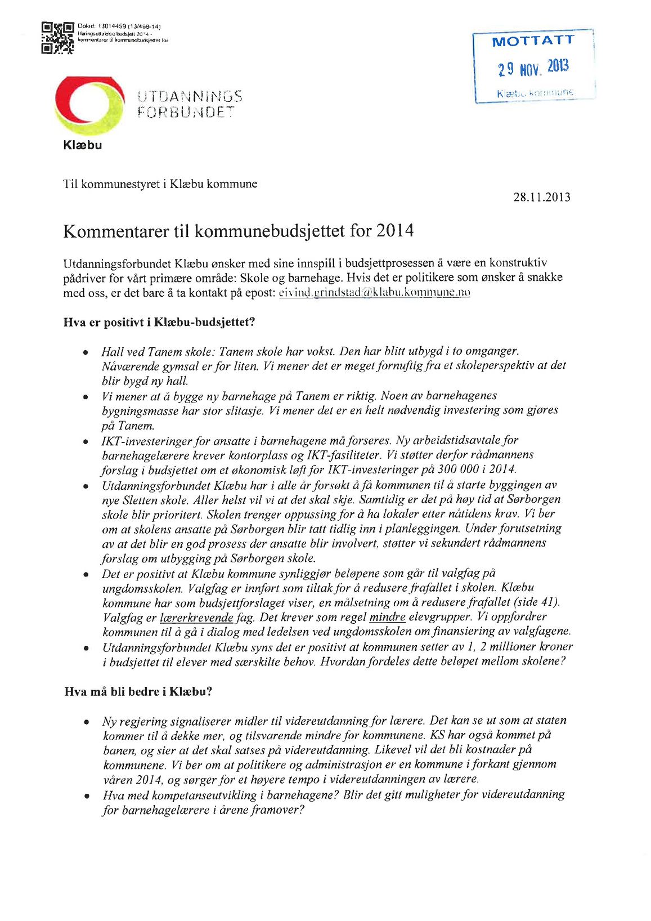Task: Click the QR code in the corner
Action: pyautogui.click(x=57, y=38)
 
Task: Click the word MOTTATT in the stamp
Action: pyautogui.click(x=533, y=41)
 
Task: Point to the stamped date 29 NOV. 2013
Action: pyautogui.click(x=533, y=68)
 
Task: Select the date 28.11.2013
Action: pyautogui.click(x=541, y=197)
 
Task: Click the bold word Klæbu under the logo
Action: pyautogui.click(x=83, y=145)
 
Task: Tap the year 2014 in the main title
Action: pyautogui.click(x=395, y=231)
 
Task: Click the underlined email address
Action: pyautogui.click(x=374, y=292)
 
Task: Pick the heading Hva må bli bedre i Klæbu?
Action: pyautogui.click(x=138, y=691)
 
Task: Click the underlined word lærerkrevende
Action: pyautogui.click(x=196, y=618)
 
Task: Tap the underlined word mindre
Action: pyautogui.click(x=387, y=617)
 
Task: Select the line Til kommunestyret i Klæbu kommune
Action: pyautogui.click(x=160, y=184)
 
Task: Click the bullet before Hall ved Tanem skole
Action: pyautogui.click(x=86, y=352)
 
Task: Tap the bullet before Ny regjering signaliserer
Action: pyautogui.click(x=86, y=722)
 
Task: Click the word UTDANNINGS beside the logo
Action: pyautogui.click(x=190, y=96)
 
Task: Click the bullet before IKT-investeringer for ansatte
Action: pyautogui.click(x=86, y=441)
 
